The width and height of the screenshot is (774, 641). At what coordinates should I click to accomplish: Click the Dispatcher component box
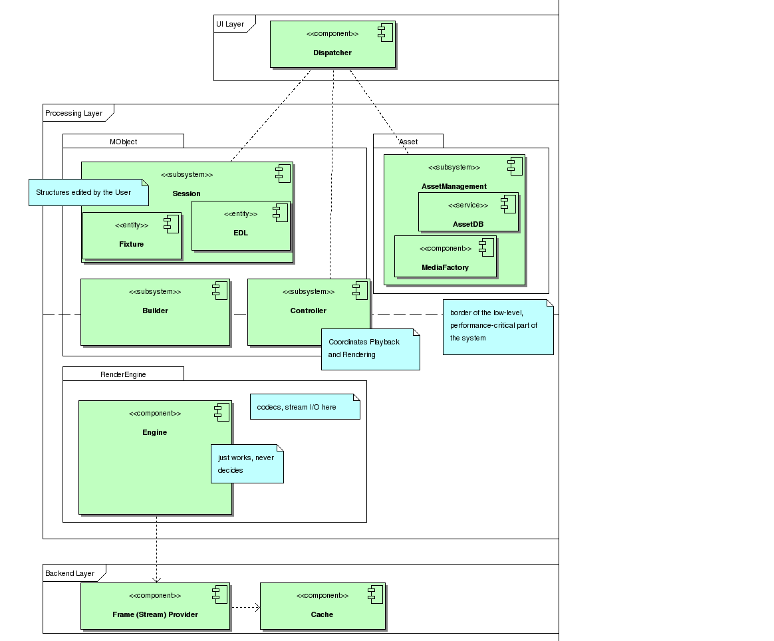332,44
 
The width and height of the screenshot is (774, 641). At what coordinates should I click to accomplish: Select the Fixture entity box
132,235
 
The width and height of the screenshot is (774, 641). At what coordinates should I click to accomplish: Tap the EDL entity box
241,225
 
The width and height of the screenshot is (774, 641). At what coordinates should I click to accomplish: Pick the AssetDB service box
468,212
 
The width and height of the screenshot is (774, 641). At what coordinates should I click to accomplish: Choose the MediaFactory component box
445,256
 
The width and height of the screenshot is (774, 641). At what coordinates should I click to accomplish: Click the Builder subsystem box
155,312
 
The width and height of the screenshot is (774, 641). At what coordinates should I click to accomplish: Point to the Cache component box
322,606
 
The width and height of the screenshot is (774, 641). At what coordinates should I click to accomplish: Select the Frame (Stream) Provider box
155,606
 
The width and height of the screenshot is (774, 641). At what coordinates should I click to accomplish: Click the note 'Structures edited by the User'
88,192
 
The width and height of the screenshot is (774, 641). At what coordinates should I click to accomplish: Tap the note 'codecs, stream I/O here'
305,407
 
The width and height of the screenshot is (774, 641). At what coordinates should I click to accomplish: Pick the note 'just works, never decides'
247,463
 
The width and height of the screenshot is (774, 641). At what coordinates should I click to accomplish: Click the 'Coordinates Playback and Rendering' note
370,349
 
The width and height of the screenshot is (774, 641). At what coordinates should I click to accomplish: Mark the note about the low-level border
498,326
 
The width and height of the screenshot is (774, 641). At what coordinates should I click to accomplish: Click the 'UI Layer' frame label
230,24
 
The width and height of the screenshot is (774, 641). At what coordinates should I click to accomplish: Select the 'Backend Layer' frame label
70,573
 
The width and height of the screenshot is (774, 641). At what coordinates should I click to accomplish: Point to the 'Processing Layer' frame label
74,113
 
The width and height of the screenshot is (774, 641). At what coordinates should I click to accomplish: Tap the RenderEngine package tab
123,374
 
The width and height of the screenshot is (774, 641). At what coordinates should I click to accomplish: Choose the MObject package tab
123,142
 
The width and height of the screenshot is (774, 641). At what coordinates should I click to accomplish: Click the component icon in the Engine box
221,412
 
